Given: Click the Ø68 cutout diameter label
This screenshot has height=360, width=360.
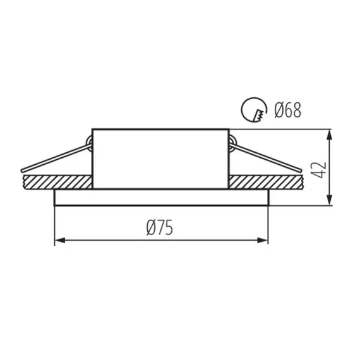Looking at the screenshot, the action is click(287, 110).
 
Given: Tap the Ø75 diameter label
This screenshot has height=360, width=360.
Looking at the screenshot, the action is click(160, 228).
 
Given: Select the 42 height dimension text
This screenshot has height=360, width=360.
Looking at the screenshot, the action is click(320, 170).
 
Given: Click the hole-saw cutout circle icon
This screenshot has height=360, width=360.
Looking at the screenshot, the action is click(254, 109).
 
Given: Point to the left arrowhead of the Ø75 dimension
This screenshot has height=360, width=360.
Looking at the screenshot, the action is click(60, 241).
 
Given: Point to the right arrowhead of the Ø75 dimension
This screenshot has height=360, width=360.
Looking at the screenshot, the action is click(263, 241).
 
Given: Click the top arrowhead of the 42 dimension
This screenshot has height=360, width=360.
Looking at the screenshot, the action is click(330, 135).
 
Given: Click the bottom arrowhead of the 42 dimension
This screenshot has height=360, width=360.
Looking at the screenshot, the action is click(330, 200).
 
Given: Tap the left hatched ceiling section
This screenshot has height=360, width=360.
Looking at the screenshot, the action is click(58, 183).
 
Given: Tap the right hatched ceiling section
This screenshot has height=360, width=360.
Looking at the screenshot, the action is click(265, 183).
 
